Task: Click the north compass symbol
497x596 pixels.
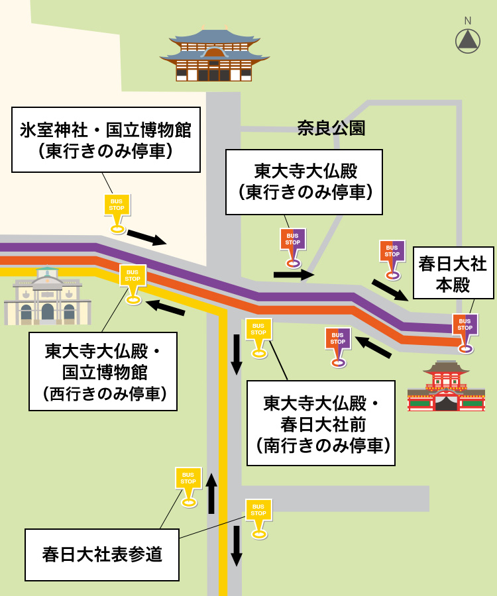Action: pyautogui.click(x=468, y=40)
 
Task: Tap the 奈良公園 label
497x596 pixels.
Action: pyautogui.click(x=331, y=128)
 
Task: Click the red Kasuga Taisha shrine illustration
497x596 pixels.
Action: pyautogui.click(x=446, y=387)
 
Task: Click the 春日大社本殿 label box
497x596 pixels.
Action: pyautogui.click(x=453, y=274)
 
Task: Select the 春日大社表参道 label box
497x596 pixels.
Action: pyautogui.click(x=102, y=554)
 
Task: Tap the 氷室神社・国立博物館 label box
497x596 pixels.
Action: pyautogui.click(x=105, y=140)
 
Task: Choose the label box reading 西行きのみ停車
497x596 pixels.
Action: pyautogui.click(x=103, y=372)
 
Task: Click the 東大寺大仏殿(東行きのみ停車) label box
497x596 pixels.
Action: pyautogui.click(x=304, y=181)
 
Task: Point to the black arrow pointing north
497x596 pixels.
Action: pyautogui.click(x=211, y=493)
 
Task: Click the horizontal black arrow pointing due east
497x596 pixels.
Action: pyautogui.click(x=294, y=274)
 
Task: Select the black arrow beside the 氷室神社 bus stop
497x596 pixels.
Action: pyautogui.click(x=146, y=237)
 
